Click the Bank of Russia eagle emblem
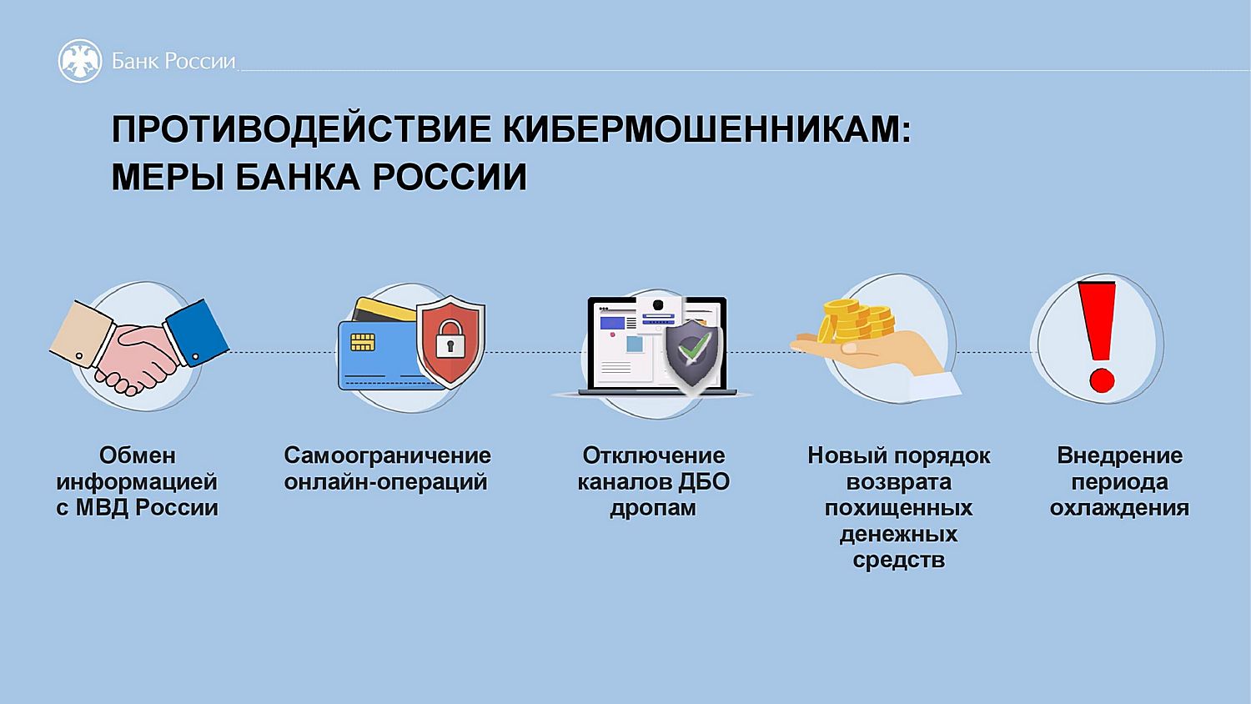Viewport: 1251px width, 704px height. coord(80,61)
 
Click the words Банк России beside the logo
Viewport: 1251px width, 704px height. coord(173,61)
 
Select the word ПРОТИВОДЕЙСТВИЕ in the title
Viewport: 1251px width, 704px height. coord(302,129)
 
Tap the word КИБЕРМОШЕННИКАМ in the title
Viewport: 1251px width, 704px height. coord(707,129)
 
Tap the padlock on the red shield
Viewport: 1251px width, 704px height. coord(450,339)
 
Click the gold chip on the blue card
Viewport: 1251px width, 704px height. coord(363,342)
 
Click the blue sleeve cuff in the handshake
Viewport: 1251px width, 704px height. coord(197,333)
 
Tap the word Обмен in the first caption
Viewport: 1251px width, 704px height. coord(138,455)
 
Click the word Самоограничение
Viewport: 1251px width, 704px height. coord(388,455)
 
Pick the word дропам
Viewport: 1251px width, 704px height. coord(653,509)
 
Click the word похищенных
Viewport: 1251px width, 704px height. coord(898,509)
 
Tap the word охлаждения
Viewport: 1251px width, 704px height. coord(1119,509)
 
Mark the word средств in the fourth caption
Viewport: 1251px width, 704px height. coord(898,561)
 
